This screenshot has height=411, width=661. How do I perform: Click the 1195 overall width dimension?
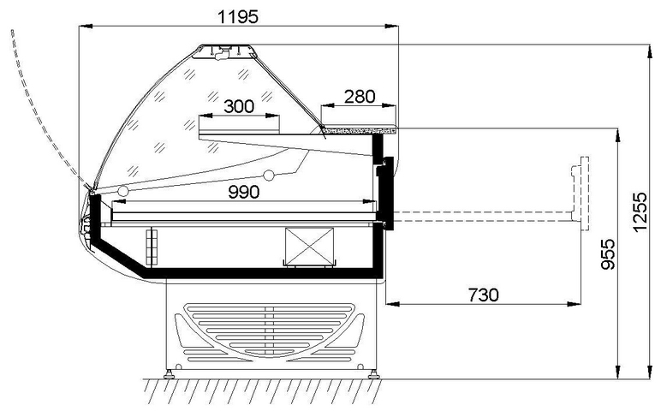238,17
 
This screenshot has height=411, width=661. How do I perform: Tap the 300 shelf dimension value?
239,107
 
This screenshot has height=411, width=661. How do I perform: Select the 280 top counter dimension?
360,97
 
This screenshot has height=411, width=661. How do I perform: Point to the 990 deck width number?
244,192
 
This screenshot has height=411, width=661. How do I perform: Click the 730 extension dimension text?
484,295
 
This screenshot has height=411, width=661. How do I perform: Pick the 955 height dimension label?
607,254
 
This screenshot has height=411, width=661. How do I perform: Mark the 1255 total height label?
640,212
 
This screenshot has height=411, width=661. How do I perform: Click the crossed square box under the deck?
310,247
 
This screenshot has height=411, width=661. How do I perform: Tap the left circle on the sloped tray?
123,191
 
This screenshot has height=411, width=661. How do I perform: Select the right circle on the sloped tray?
269,175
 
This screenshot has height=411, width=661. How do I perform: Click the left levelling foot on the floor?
169,374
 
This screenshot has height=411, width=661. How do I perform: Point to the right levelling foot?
373,374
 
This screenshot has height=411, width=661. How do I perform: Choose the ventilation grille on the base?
270,332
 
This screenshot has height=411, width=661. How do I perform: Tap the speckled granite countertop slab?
359,130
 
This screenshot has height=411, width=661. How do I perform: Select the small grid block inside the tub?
152,247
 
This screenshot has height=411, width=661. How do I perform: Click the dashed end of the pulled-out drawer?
580,194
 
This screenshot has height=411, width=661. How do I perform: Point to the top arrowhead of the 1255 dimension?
649,50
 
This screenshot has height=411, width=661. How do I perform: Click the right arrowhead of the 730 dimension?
575,303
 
